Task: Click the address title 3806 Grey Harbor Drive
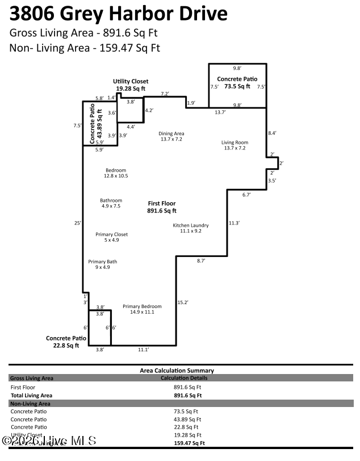pos(119,14)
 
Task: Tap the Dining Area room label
pos(171,136)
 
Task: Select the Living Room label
pos(235,145)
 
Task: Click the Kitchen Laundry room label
pos(191,228)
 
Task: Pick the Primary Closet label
pos(111,237)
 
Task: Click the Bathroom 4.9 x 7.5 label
pos(111,203)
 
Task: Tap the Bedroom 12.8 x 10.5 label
pos(116,173)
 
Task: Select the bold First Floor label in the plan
pos(162,206)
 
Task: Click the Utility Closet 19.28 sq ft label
pos(130,85)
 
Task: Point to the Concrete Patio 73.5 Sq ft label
pos(237,82)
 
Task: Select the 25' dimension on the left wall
pos(77,222)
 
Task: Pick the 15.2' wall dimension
pos(182,302)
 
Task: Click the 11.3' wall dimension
pos(233,223)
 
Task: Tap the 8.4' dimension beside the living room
pos(272,133)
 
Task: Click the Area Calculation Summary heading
pos(177,370)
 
